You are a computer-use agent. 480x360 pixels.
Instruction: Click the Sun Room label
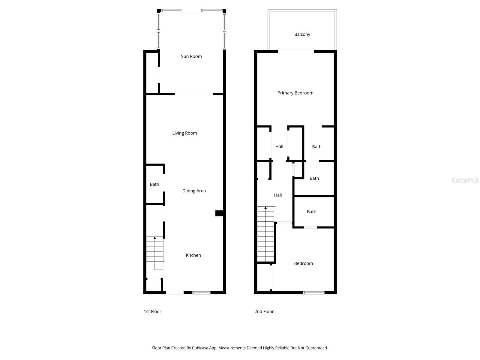coord(191,56)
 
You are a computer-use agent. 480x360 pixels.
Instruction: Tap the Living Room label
coord(184,133)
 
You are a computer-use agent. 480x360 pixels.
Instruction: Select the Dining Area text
coord(194,191)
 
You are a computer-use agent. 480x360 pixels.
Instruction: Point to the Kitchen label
coord(193,255)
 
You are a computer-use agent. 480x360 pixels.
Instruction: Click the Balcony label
coord(302,34)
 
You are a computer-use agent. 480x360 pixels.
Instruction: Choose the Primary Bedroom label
coord(295,93)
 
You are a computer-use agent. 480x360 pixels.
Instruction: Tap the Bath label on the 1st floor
coord(154,184)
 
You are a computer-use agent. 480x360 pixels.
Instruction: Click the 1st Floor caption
coord(152,312)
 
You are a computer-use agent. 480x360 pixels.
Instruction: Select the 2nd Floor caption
coord(264,312)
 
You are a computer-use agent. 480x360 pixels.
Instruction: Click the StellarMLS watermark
coord(465,180)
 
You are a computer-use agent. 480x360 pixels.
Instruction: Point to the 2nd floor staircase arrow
coord(265,208)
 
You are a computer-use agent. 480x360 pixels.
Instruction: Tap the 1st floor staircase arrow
coord(155,238)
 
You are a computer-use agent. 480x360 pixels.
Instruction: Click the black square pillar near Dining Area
coord(219,213)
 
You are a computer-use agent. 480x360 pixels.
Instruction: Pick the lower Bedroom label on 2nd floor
coord(303,263)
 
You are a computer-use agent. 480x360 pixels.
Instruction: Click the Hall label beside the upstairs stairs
coord(278,195)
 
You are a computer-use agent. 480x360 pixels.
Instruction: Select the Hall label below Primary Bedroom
coord(279,147)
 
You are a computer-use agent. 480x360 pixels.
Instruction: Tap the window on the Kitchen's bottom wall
coord(201,292)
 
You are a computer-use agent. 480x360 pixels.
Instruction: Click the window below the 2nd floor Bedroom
coord(314,292)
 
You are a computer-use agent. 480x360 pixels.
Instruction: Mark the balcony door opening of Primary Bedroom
coord(296,52)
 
